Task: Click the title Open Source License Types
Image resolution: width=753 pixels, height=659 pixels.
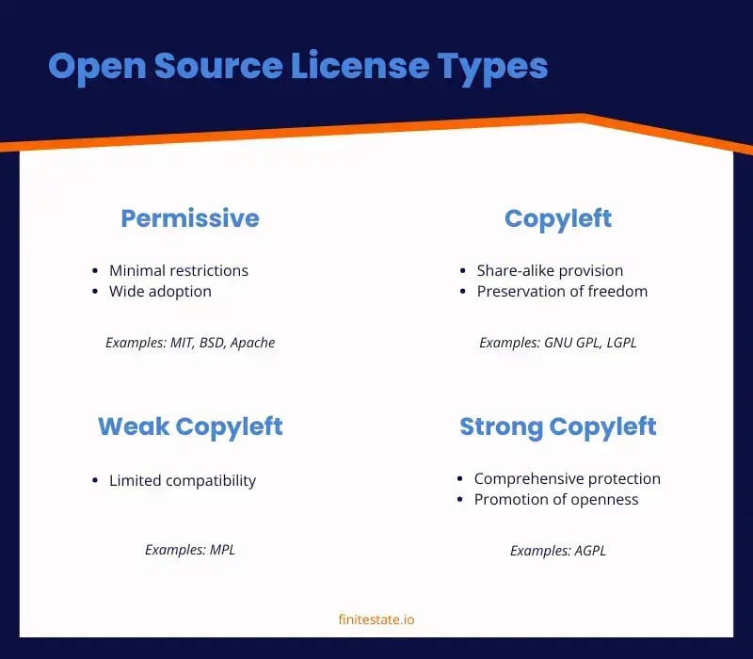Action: pos(297,68)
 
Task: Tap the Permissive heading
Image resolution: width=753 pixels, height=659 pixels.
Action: pos(190,218)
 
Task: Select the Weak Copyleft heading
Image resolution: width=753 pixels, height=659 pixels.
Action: pos(190,426)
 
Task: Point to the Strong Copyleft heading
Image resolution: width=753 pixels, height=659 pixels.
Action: pos(558,426)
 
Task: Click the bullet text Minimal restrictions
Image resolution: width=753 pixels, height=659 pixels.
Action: pos(179,270)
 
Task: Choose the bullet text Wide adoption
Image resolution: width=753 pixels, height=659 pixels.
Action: pos(160,291)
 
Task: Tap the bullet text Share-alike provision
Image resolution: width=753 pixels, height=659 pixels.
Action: pos(550,270)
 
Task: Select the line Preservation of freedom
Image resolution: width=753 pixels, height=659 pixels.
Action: pos(562,291)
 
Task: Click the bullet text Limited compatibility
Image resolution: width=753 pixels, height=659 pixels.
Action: pos(183,480)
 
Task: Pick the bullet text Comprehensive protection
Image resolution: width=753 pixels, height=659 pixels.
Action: pos(567,478)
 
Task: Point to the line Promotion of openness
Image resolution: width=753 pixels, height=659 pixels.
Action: pos(556,499)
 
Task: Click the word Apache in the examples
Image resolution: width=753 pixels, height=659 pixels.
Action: pos(252,343)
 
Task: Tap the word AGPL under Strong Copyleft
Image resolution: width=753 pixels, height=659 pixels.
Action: pos(589,551)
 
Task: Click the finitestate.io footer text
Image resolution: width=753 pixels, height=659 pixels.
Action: pos(376,619)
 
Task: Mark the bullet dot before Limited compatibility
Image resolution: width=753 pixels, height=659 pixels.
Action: pos(95,480)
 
